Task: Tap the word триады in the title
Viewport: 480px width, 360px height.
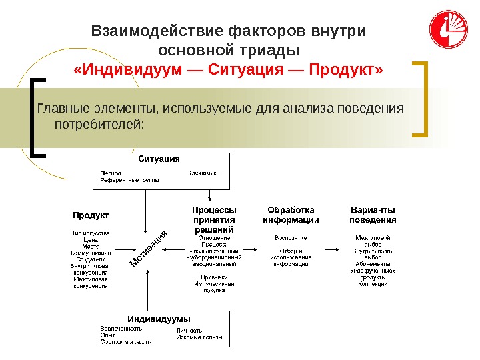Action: tap(273, 50)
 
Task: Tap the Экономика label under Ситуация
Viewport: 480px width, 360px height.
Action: tap(205, 172)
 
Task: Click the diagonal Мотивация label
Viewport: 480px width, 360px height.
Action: tap(148, 249)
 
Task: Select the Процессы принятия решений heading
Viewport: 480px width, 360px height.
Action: tap(214, 219)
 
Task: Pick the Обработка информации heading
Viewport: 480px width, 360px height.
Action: tap(291, 215)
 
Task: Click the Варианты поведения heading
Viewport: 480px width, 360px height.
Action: tap(373, 215)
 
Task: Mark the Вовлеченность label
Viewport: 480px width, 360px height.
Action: tap(121, 329)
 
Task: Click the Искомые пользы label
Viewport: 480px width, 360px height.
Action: tap(199, 337)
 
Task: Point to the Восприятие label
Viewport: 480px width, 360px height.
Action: tap(291, 237)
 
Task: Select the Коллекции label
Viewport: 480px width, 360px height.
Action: tap(373, 284)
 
